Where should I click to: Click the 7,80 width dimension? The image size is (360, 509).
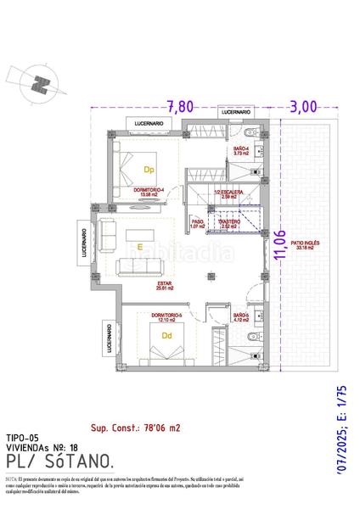(x=180, y=107)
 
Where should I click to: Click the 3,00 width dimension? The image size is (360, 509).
(x=303, y=107)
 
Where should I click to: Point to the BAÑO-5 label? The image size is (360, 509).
(x=239, y=316)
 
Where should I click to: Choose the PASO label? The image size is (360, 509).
(x=198, y=223)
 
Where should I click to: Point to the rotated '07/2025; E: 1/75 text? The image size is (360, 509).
(x=342, y=432)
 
